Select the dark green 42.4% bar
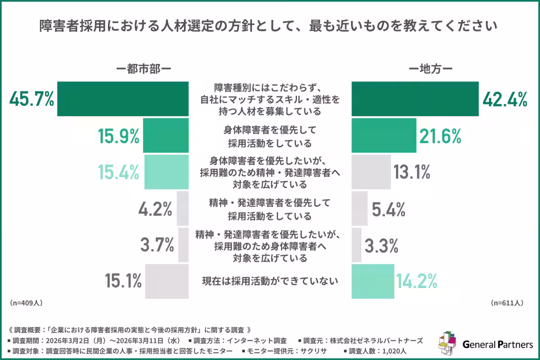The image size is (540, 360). (x=414, y=99)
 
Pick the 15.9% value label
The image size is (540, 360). (x=118, y=136)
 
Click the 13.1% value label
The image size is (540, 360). (x=412, y=172)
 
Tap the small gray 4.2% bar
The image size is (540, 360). (x=183, y=208)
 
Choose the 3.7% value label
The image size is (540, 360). (x=157, y=245)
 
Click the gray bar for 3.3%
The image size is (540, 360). (x=356, y=245)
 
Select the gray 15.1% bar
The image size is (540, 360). (x=166, y=282)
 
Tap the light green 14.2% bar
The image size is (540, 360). (x=372, y=282)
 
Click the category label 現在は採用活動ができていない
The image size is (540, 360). (x=269, y=282)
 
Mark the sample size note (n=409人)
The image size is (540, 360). (x=26, y=303)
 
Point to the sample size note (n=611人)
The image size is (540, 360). (x=507, y=303)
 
